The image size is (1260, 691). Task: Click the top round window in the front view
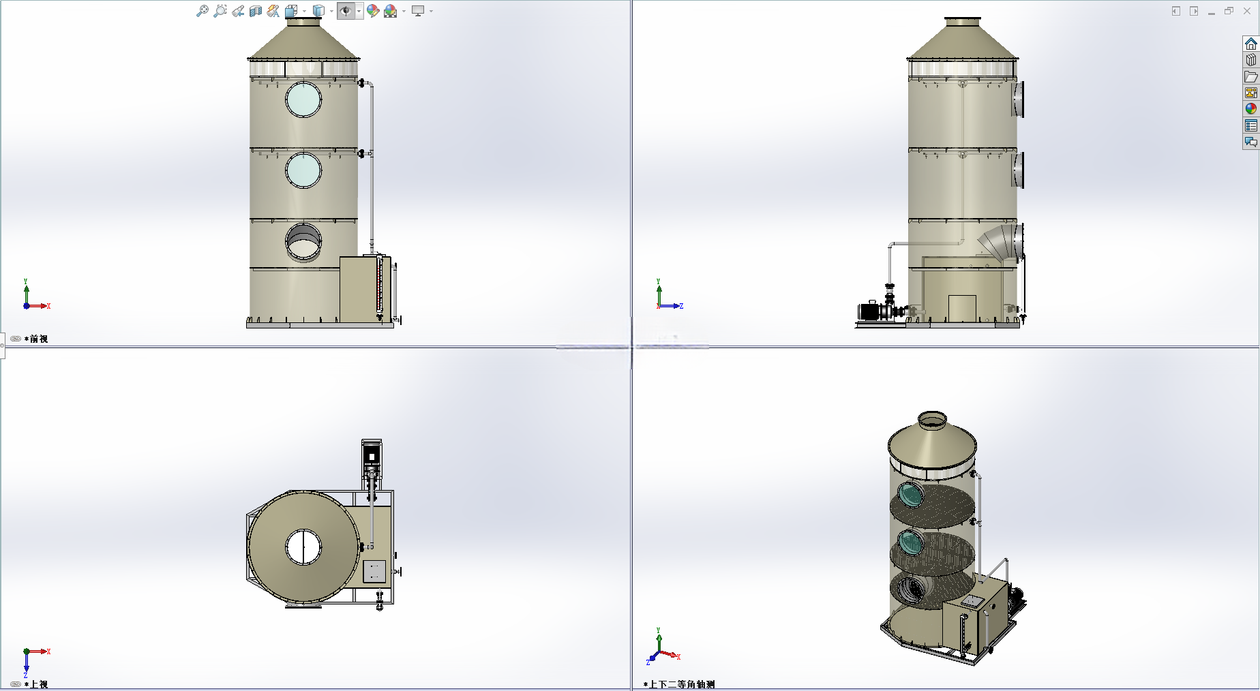[303, 99]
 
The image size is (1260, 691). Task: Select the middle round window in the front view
[303, 170]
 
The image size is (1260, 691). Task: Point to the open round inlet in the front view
[303, 242]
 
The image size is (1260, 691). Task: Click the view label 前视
[39, 339]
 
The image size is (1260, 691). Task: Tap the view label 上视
[39, 684]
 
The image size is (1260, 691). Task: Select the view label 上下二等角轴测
[682, 684]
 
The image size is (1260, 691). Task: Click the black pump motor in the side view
[871, 311]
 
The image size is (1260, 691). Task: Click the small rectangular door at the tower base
[962, 308]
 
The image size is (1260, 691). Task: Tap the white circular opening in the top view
[303, 547]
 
